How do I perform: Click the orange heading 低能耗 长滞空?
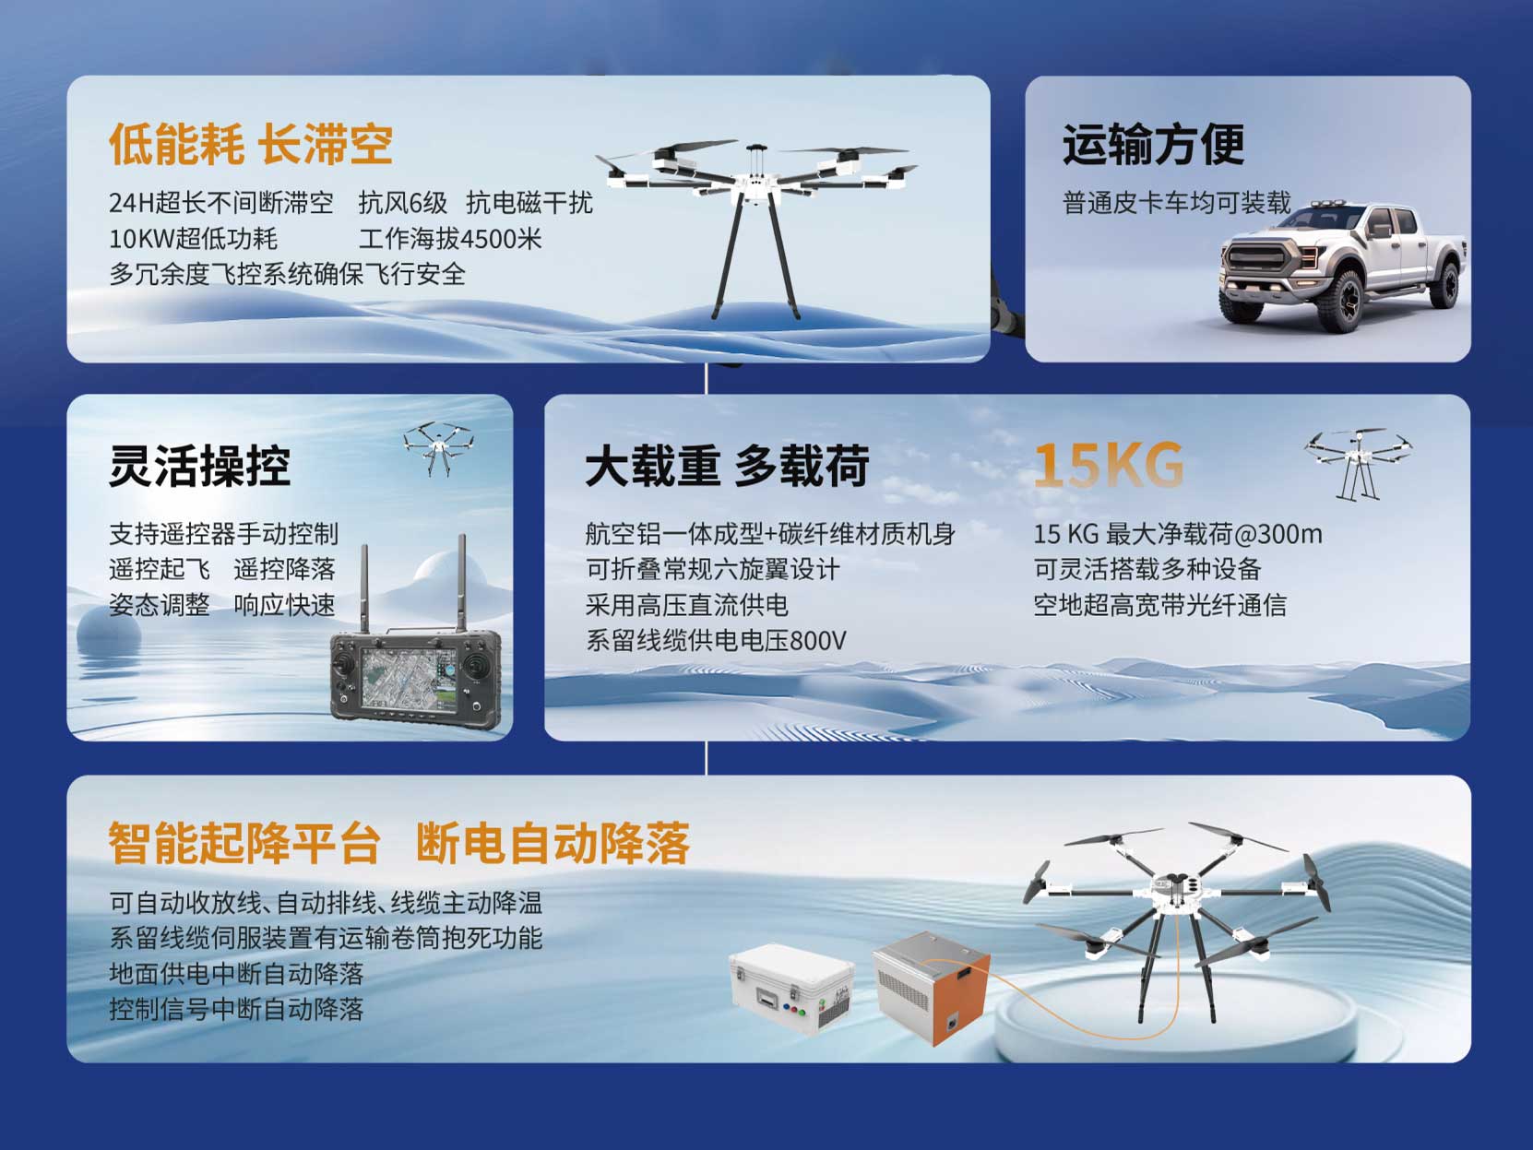click(251, 145)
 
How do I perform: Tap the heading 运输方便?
click(1153, 145)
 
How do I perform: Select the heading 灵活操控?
click(200, 466)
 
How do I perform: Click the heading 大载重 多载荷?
click(727, 466)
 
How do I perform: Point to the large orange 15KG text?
click(1109, 465)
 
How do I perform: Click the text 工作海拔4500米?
click(450, 239)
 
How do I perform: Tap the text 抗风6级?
click(403, 203)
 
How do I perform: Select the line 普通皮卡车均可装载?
click(1177, 203)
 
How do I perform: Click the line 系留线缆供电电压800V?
click(716, 640)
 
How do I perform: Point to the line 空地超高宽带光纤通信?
click(1160, 605)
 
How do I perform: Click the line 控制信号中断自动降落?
click(237, 1009)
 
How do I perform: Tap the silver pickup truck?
click(1342, 267)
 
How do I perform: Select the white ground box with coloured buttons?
click(791, 988)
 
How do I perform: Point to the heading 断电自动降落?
click(553, 844)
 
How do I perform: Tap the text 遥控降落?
click(284, 569)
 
